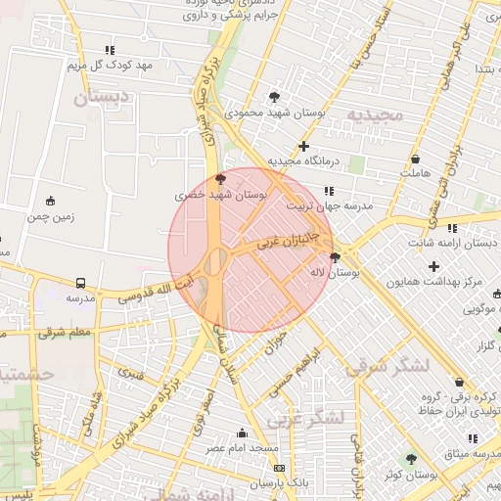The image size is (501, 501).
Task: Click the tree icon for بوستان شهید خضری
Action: pos(220,179)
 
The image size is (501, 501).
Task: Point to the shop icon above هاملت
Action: pos(416,159)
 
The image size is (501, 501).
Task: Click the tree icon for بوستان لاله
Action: pos(336,257)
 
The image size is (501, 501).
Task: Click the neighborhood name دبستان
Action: pos(103,98)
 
